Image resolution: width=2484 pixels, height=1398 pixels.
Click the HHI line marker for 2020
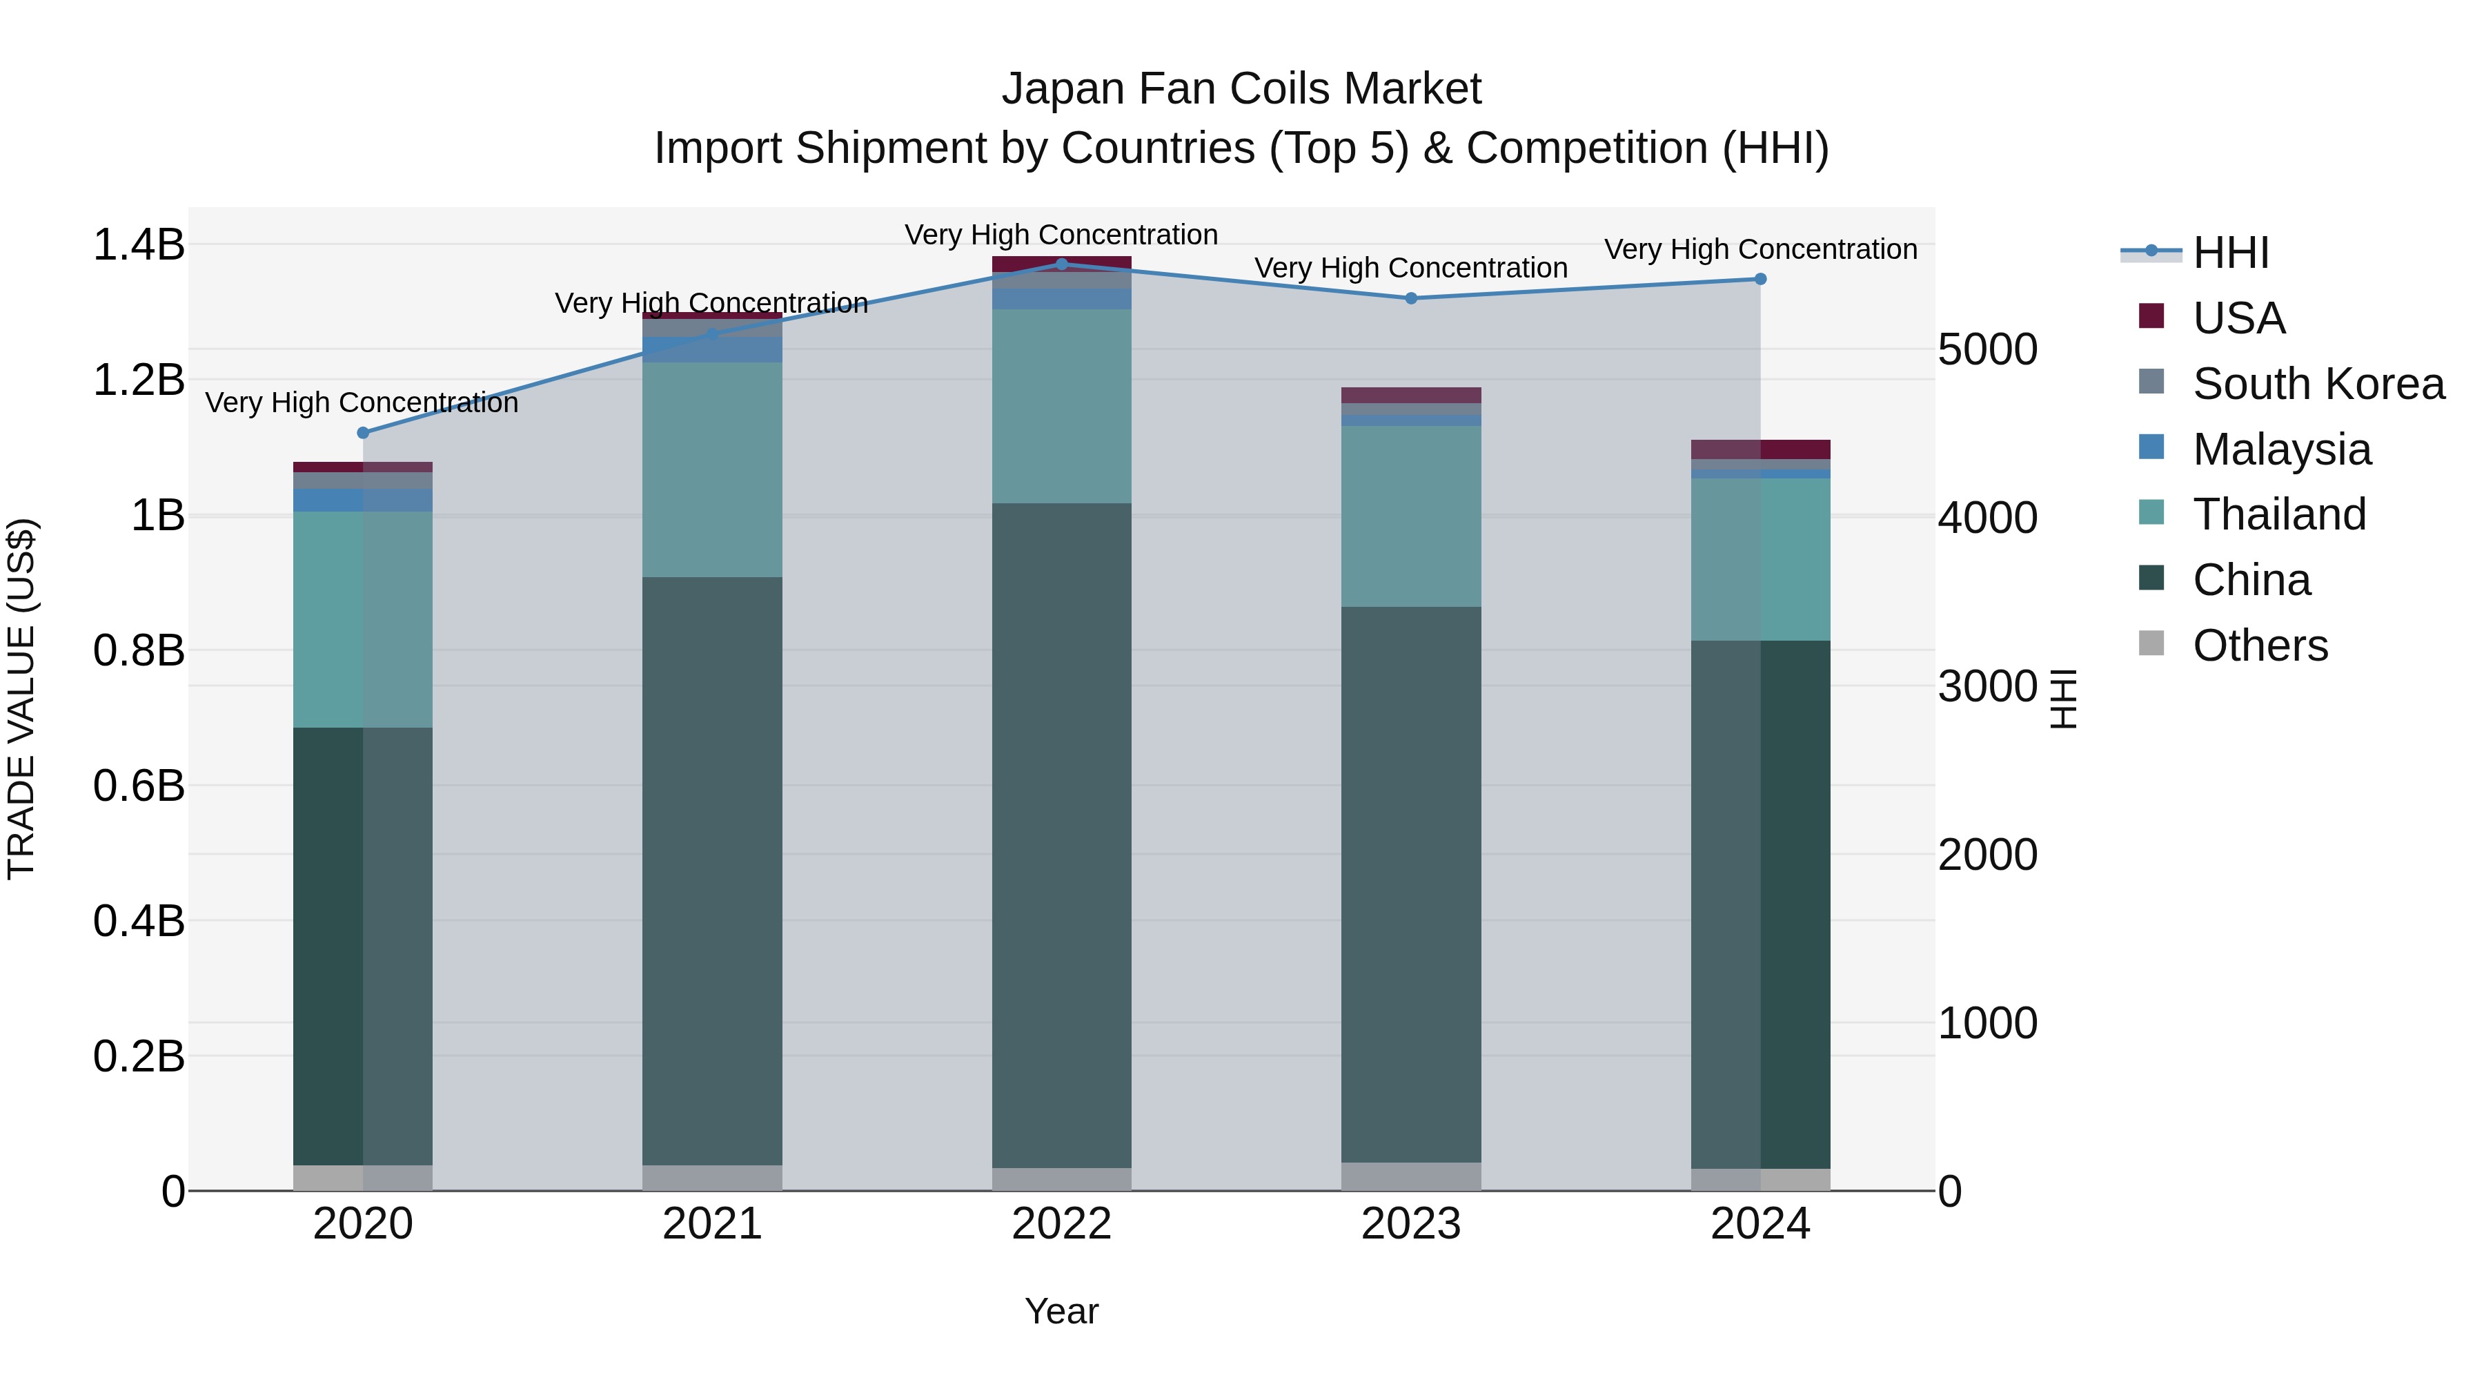click(x=362, y=433)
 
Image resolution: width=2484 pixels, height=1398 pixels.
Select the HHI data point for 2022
click(x=1062, y=264)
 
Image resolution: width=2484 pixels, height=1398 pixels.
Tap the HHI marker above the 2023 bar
click(x=1411, y=298)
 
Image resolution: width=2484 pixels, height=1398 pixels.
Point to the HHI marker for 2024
click(x=1759, y=279)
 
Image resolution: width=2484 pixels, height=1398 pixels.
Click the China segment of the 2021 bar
click(x=713, y=868)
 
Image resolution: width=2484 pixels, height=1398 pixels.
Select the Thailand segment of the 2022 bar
click(x=1062, y=405)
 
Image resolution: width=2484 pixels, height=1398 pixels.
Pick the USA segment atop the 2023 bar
click(x=1411, y=395)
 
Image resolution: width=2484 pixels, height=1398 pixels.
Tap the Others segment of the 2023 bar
click(x=1411, y=1176)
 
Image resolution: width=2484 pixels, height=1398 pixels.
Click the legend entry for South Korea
click(x=2318, y=384)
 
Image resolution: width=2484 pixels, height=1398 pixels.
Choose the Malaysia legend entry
click(x=2282, y=449)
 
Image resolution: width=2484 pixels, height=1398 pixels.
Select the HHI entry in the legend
click(x=2230, y=253)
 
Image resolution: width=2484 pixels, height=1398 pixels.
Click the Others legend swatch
click(x=2151, y=643)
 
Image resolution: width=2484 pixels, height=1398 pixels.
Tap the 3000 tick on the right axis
click(x=1987, y=686)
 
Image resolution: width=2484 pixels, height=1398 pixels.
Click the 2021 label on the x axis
click(x=713, y=1224)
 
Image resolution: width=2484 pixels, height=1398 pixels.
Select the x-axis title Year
click(x=1062, y=1311)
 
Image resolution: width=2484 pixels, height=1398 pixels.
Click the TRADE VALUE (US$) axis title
click(x=21, y=699)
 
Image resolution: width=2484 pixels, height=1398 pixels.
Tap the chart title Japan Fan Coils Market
click(x=1241, y=89)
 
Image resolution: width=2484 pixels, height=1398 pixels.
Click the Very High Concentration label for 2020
click(x=362, y=402)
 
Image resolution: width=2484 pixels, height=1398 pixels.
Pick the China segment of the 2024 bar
click(x=1759, y=903)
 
